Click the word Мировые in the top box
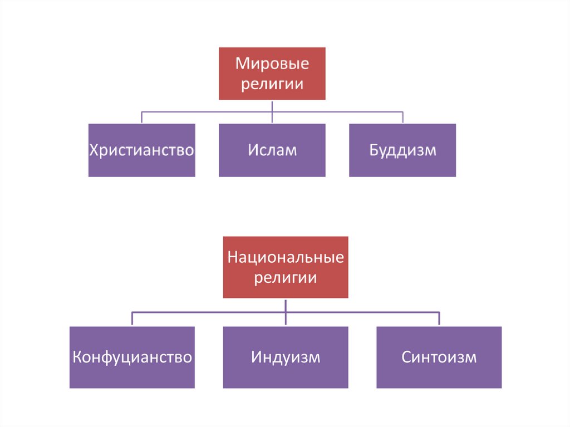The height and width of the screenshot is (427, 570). click(x=272, y=64)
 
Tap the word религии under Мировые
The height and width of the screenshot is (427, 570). click(x=272, y=85)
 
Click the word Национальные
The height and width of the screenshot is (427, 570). click(x=286, y=258)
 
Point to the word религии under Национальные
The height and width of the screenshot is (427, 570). click(x=286, y=278)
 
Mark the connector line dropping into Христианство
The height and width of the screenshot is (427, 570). click(x=141, y=117)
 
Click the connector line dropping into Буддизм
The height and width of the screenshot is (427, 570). click(x=402, y=117)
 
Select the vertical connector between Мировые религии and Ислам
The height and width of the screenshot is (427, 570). click(x=272, y=111)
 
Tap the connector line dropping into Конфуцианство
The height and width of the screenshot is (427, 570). click(x=132, y=319)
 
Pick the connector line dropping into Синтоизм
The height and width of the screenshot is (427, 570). click(x=439, y=319)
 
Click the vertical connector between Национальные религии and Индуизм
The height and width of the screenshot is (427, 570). click(x=286, y=312)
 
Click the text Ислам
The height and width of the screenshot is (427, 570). click(x=272, y=150)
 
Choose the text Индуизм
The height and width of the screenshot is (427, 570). click(x=286, y=357)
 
